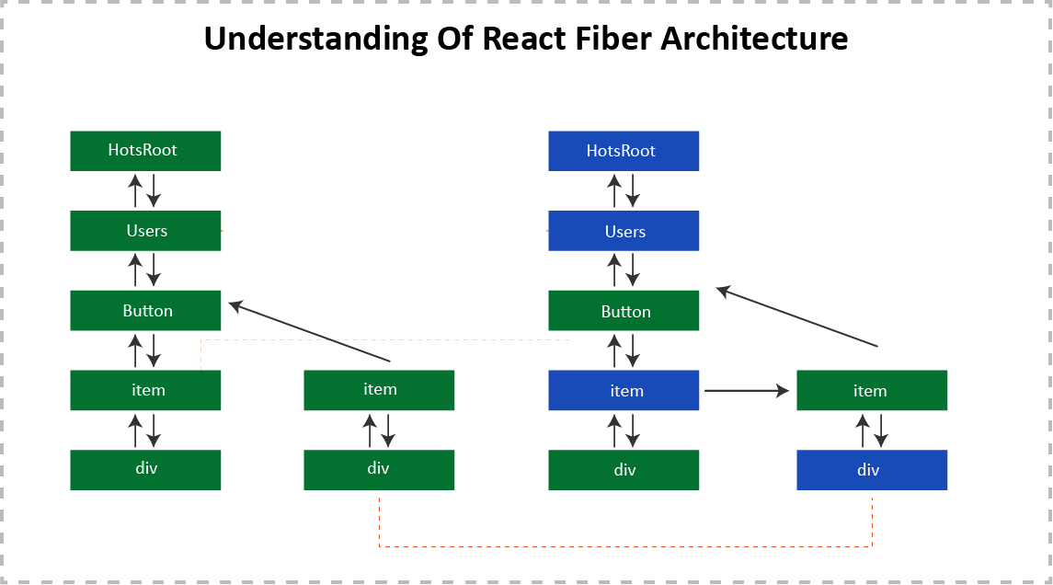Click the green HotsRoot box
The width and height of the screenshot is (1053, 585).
pos(145,151)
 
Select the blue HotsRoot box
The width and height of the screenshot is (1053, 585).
pos(624,151)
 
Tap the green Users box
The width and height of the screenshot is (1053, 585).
pos(145,231)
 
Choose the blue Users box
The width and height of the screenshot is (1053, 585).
pos(624,231)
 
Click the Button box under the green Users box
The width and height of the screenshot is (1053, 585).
pos(145,311)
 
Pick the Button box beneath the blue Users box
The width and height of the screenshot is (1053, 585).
pos(624,311)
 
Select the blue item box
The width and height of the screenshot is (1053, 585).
pos(624,391)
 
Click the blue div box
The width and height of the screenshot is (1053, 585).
pos(871,470)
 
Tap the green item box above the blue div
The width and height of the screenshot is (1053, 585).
pos(871,391)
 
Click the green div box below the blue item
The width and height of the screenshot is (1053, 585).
pos(624,470)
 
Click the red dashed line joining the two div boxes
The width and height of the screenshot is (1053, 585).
pos(625,547)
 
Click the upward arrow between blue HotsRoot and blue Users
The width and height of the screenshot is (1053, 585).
pos(613,190)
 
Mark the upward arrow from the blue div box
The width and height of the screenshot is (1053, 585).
pos(862,430)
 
